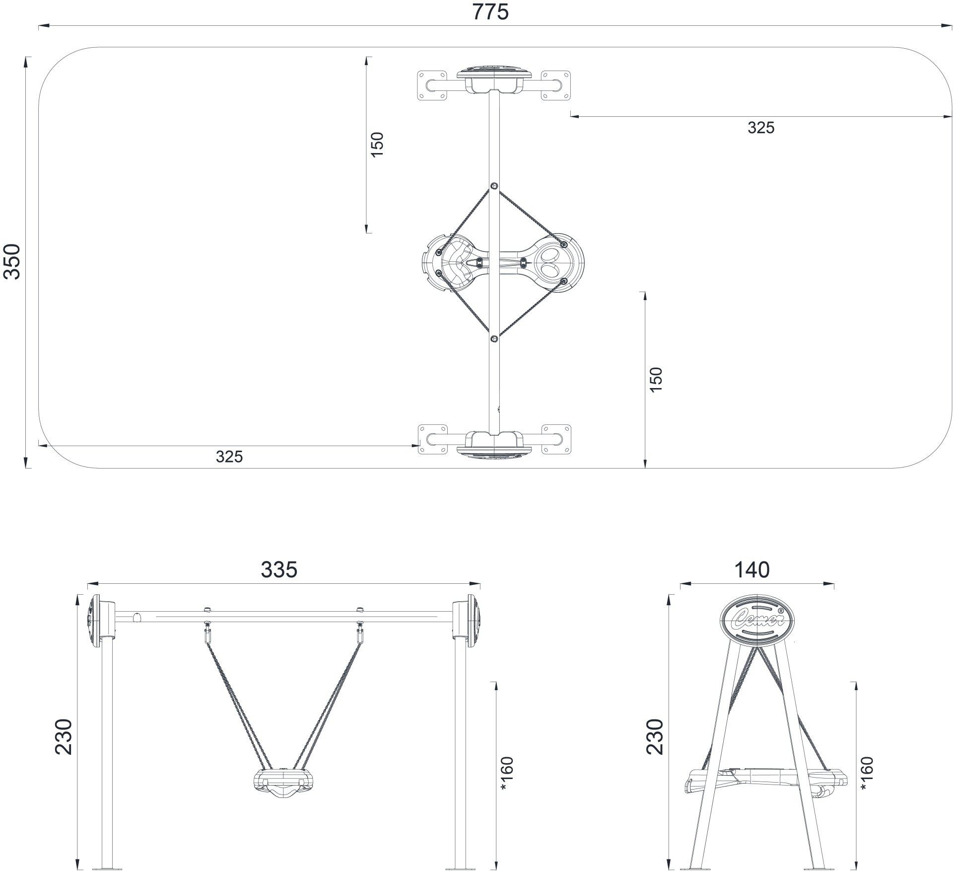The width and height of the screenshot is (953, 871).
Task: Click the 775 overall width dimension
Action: (490, 12)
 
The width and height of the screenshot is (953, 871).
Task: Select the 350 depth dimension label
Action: (12, 262)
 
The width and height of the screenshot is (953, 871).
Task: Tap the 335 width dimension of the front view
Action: (279, 570)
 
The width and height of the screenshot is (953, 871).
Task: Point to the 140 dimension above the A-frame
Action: (752, 570)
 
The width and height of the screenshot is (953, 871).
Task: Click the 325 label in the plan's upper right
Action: (761, 128)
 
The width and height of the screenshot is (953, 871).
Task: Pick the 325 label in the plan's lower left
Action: (229, 457)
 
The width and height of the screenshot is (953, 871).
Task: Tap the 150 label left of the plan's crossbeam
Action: (378, 145)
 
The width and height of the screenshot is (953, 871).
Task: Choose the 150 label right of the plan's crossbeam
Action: (656, 380)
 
